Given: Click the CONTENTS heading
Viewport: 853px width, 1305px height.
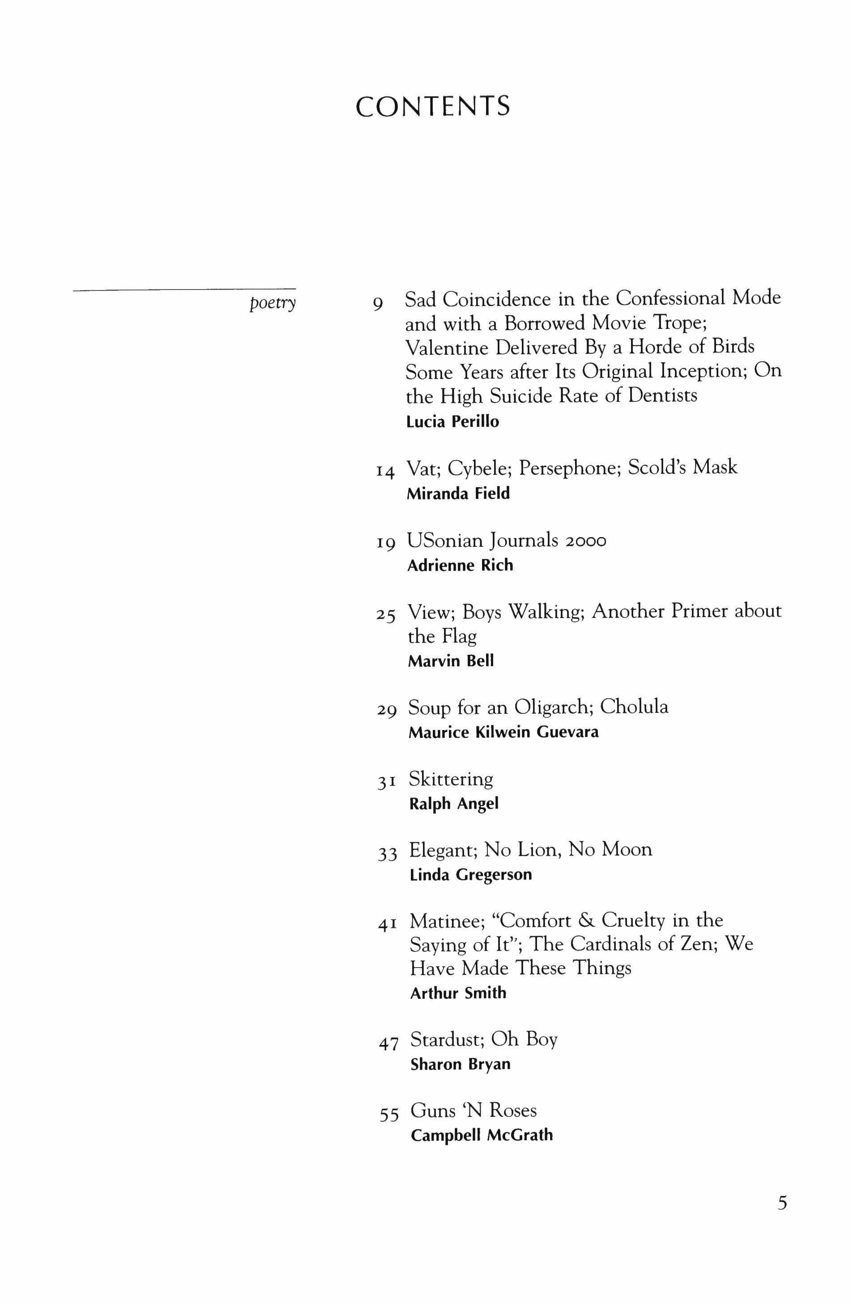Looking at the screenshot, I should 432,107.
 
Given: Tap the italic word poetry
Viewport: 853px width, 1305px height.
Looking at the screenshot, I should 272,303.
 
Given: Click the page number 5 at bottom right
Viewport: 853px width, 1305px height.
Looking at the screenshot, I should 782,1203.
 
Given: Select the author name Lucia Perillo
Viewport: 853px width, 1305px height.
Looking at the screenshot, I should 452,422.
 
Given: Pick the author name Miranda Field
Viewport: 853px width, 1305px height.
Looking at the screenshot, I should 458,494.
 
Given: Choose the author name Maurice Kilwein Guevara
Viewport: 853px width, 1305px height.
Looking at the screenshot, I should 503,732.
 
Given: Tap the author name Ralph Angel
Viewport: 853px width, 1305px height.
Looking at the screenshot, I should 453,804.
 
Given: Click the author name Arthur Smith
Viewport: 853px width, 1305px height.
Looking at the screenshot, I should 458,993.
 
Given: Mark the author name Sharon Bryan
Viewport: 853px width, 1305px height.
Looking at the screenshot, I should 460,1064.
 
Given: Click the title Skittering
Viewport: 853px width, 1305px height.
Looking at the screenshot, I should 451,779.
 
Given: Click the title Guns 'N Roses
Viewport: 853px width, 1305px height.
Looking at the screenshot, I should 473,1110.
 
